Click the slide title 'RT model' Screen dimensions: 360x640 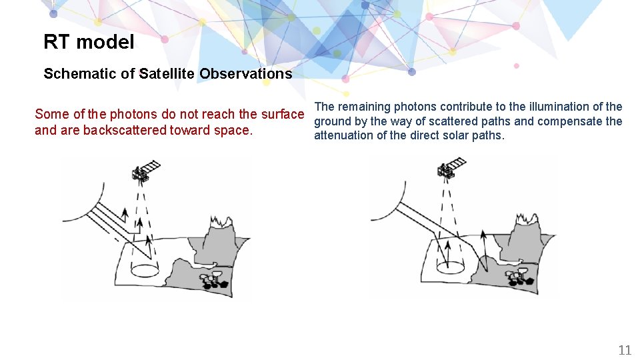click(x=89, y=42)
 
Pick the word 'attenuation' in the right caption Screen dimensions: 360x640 click(x=343, y=136)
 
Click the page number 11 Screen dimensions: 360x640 click(x=625, y=350)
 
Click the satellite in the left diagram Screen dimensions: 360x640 click(x=145, y=170)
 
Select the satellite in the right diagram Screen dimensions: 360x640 click(x=450, y=167)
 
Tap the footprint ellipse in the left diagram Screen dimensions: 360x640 click(x=144, y=270)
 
